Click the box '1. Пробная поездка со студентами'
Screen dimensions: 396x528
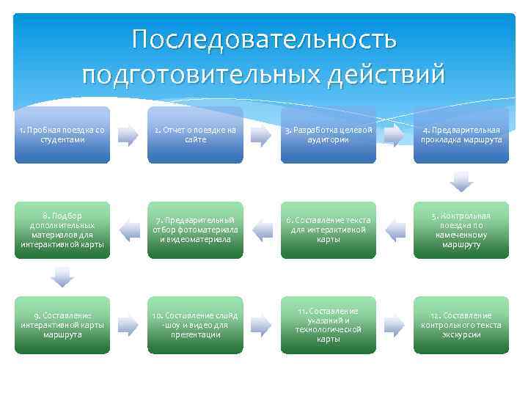point(62,135)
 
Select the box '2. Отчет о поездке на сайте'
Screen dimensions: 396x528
point(196,135)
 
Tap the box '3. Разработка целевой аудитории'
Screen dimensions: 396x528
point(329,135)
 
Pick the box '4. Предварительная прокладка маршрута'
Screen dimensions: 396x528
point(461,135)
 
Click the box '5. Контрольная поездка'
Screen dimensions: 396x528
point(461,230)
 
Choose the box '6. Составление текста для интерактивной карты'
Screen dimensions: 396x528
point(329,230)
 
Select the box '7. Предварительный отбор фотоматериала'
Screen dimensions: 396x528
point(196,230)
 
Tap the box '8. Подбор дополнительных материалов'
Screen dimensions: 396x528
point(62,230)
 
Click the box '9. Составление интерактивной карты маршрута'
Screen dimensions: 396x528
point(62,325)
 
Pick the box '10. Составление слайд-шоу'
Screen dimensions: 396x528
point(196,325)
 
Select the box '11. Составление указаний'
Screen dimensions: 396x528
point(329,325)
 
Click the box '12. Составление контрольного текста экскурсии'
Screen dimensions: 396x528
point(461,325)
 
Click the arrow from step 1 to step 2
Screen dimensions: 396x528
point(128,135)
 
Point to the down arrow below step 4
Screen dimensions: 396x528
point(461,180)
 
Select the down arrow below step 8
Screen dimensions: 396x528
point(63,276)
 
